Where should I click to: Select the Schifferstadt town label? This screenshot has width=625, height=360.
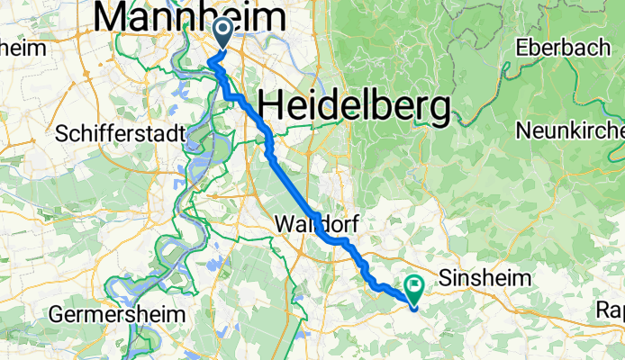[x=120, y=134]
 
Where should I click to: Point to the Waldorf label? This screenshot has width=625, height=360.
[x=312, y=221]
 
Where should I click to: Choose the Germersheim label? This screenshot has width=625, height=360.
[x=118, y=315]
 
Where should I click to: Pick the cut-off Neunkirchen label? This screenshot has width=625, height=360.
[x=569, y=130]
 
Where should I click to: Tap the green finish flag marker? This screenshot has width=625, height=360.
[x=415, y=287]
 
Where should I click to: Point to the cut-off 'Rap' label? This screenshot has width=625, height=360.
[x=610, y=311]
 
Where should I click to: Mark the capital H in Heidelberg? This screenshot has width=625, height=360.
[x=271, y=106]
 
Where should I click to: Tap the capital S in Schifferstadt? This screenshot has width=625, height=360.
[x=62, y=134]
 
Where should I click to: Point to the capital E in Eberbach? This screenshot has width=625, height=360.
[x=521, y=47]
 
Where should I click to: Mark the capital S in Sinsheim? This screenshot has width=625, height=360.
[x=444, y=280]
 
